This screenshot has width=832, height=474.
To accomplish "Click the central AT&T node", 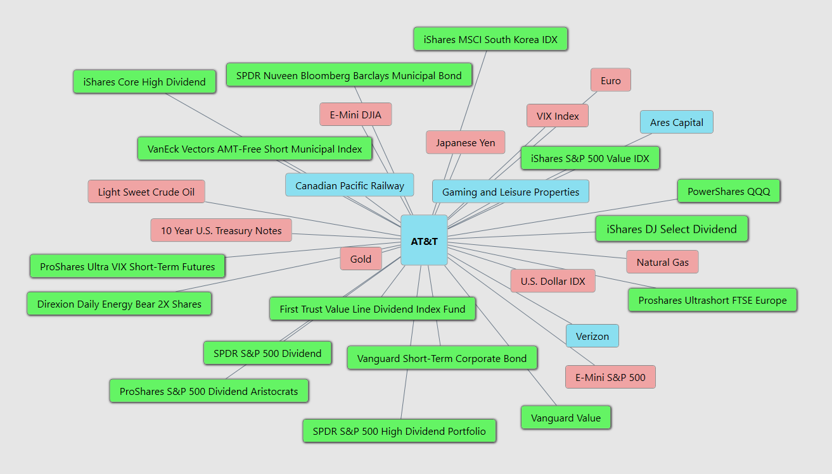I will pos(424,240).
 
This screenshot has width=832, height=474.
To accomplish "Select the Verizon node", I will pos(592,336).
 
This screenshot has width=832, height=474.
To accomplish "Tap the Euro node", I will pos(610,80).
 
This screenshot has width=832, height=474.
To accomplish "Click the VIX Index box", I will pos(557,116).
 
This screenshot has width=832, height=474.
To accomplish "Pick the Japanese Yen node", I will pos(465,142).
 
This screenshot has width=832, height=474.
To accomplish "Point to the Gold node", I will pos(361,259).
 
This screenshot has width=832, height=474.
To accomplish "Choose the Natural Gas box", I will pos(662,262).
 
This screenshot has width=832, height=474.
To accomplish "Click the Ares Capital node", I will pos(676,122).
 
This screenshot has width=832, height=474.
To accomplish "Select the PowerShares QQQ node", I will pos(729,191).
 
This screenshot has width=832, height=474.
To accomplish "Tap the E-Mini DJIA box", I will pos(355,115).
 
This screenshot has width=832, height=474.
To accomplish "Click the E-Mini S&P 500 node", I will pos(610,377).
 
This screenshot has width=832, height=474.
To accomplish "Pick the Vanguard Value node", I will pos(565,418).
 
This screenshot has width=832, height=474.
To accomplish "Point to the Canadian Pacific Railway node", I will pos(349,185).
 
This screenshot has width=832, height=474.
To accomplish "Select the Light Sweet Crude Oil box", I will pos(146,192).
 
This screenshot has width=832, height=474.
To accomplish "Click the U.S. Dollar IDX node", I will pos(553,281).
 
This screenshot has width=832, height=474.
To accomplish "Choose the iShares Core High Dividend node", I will pos(144,82).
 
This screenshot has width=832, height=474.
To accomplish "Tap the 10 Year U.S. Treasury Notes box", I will pos(221,230).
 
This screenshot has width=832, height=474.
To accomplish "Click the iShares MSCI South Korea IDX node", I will pos(490,39).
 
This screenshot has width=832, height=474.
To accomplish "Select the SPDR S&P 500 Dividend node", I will pos(267,353).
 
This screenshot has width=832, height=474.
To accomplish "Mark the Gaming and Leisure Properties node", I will pos(510,192).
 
